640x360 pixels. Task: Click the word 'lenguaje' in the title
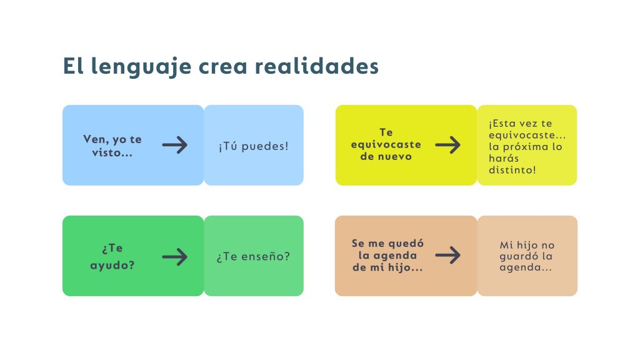(x=141, y=66)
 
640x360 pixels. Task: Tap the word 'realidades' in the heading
(x=317, y=66)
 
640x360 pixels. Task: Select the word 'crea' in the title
(x=223, y=67)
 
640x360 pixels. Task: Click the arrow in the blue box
(x=175, y=145)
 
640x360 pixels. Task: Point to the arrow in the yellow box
(x=447, y=145)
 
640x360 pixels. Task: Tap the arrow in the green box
(x=175, y=257)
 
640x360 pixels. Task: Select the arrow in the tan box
(x=447, y=255)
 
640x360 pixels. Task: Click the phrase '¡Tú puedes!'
(x=254, y=146)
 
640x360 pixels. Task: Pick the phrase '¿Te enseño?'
(x=253, y=256)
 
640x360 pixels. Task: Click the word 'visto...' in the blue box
(x=112, y=152)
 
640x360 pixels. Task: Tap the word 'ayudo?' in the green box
(x=112, y=265)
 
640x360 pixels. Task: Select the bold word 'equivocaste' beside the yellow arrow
(x=386, y=144)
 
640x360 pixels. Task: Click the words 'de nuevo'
(x=386, y=156)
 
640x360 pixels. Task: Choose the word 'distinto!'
(x=512, y=170)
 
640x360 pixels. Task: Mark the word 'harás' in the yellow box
(x=504, y=158)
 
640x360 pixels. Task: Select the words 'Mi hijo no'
(x=527, y=245)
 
